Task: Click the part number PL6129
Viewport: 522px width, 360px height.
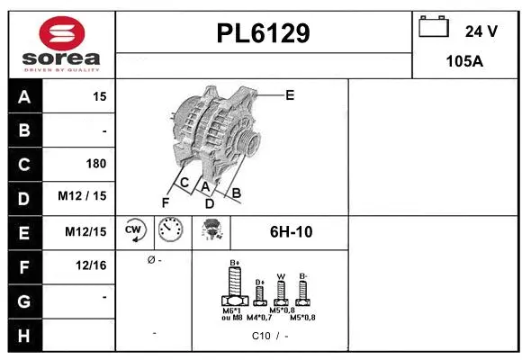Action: pyautogui.click(x=264, y=33)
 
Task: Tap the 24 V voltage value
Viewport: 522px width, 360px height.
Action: pyautogui.click(x=481, y=31)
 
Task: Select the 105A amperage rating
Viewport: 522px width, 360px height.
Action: pyautogui.click(x=465, y=61)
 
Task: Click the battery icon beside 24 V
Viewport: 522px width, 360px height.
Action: pyautogui.click(x=434, y=28)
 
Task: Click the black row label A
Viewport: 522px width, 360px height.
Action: pyautogui.click(x=24, y=96)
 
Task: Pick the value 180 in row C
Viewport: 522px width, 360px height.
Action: pyautogui.click(x=95, y=164)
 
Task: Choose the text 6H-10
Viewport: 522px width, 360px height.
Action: pyautogui.click(x=291, y=231)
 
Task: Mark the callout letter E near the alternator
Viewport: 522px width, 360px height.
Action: pyautogui.click(x=290, y=94)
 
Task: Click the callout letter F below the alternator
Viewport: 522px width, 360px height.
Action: pyautogui.click(x=165, y=202)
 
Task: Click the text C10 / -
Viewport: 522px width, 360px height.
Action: pyautogui.click(x=270, y=336)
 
